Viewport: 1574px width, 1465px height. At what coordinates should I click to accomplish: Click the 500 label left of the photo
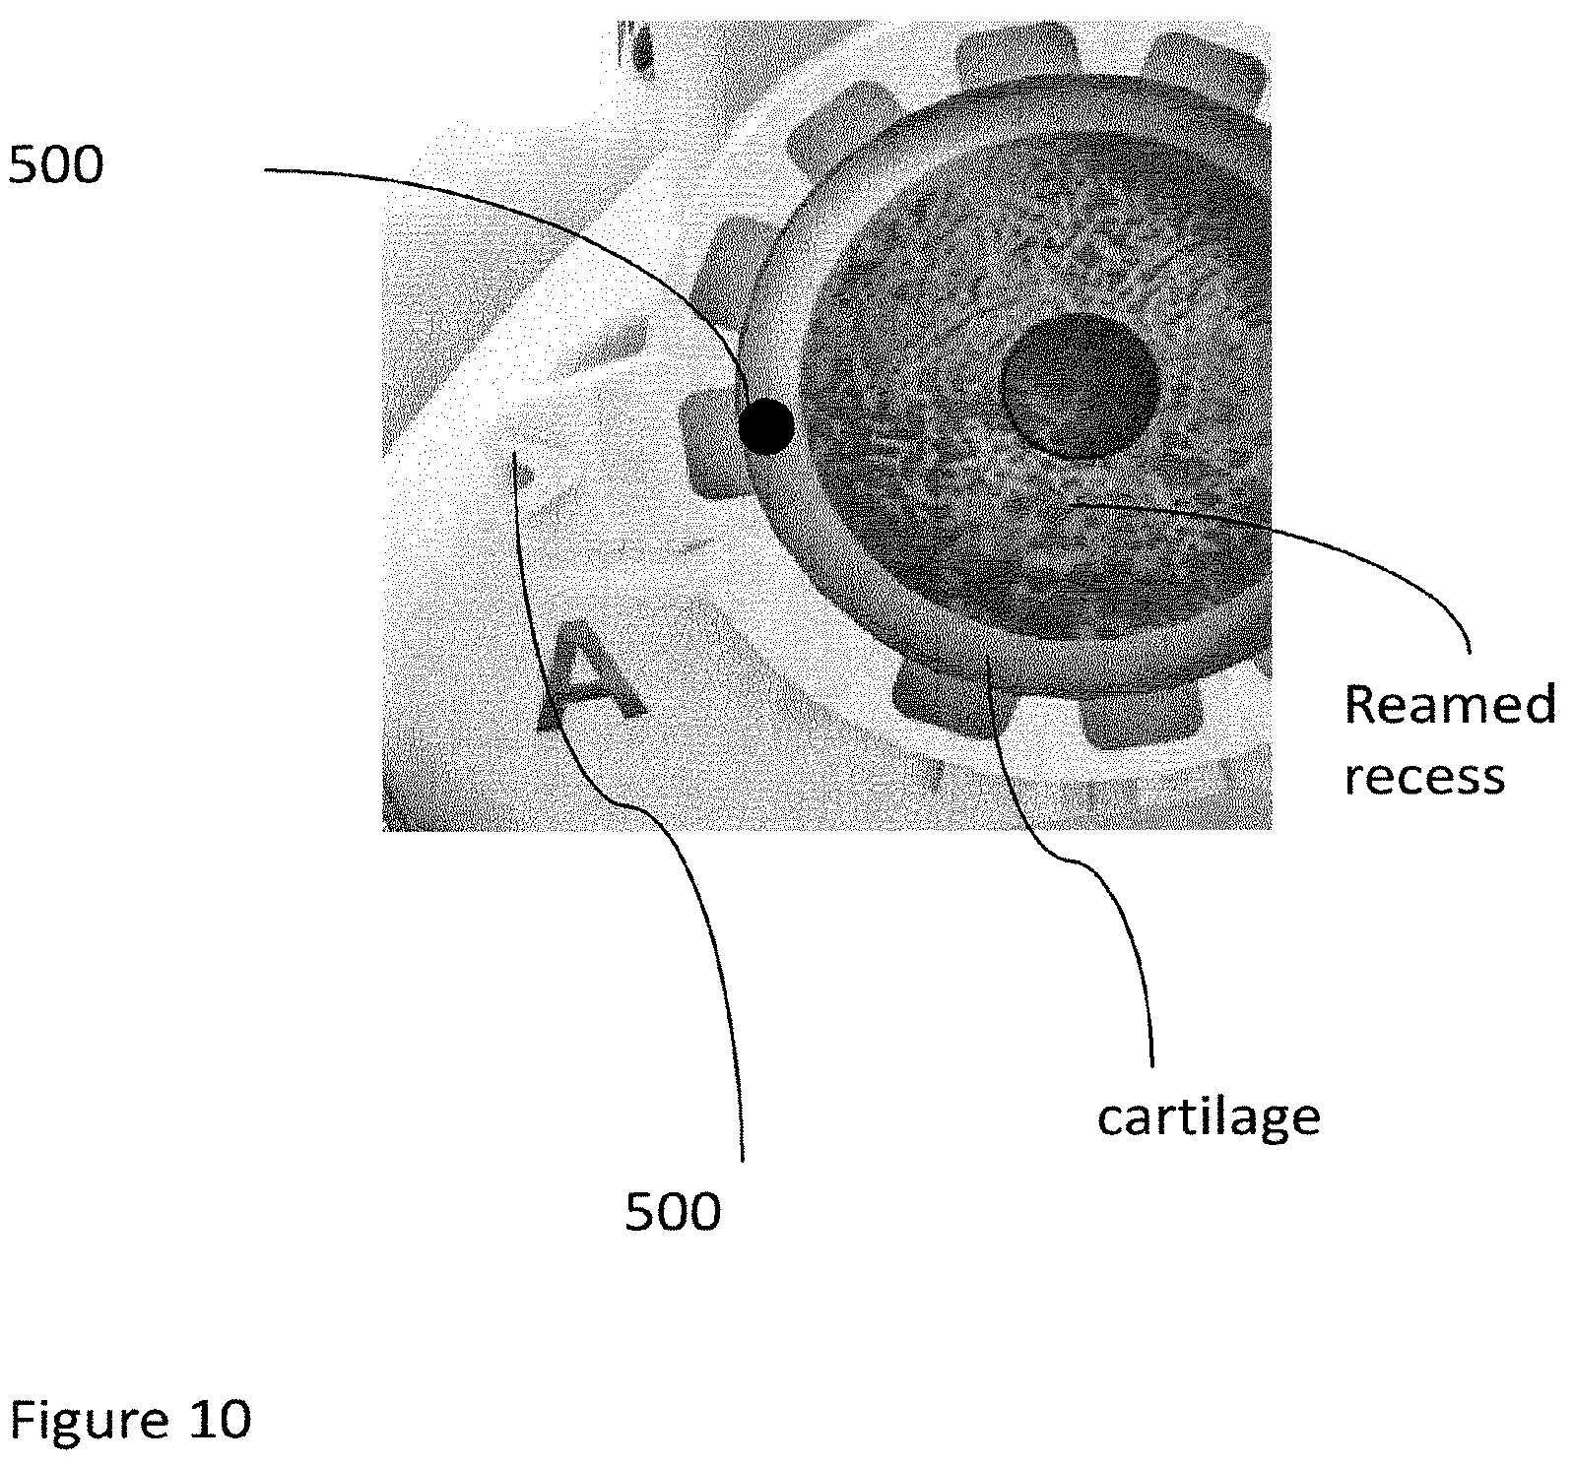[x=55, y=166]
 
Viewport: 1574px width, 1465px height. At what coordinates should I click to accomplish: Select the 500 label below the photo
[x=674, y=1212]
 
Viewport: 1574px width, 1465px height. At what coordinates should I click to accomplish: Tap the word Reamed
[x=1450, y=705]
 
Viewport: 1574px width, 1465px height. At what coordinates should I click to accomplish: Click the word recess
[x=1425, y=777]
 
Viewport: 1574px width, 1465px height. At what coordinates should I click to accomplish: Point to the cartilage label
[x=1209, y=1116]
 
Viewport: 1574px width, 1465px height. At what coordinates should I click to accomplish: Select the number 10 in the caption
[x=219, y=1420]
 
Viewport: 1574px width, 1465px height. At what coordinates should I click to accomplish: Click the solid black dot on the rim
[x=765, y=426]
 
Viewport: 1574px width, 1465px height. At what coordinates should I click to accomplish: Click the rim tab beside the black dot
[x=710, y=444]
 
